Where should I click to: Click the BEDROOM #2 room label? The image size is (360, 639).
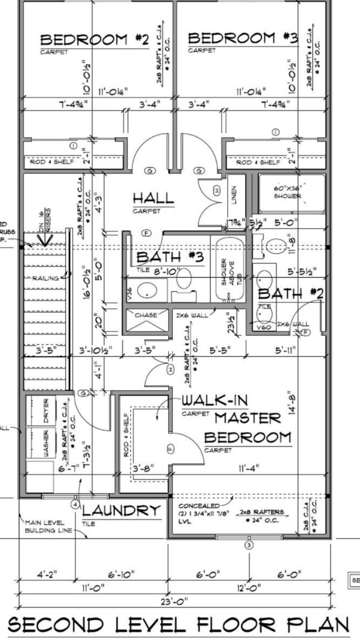tap(94, 40)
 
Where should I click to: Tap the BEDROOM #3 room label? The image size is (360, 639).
tap(243, 38)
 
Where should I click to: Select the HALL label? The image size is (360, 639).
tap(153, 198)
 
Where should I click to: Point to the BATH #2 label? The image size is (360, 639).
tap(291, 294)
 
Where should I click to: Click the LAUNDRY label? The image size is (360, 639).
tap(121, 511)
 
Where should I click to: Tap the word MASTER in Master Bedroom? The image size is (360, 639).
tap(248, 418)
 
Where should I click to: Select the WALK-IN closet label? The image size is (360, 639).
tap(215, 400)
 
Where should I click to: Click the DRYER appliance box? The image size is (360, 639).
tap(41, 410)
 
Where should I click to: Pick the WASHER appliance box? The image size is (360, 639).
tap(41, 443)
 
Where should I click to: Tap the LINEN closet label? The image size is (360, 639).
tap(234, 194)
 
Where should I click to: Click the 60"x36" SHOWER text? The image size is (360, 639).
tap(288, 192)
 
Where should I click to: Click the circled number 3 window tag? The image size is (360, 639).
tap(249, 546)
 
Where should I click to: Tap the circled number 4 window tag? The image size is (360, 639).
tap(75, 505)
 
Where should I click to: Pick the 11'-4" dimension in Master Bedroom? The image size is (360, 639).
tap(249, 468)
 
